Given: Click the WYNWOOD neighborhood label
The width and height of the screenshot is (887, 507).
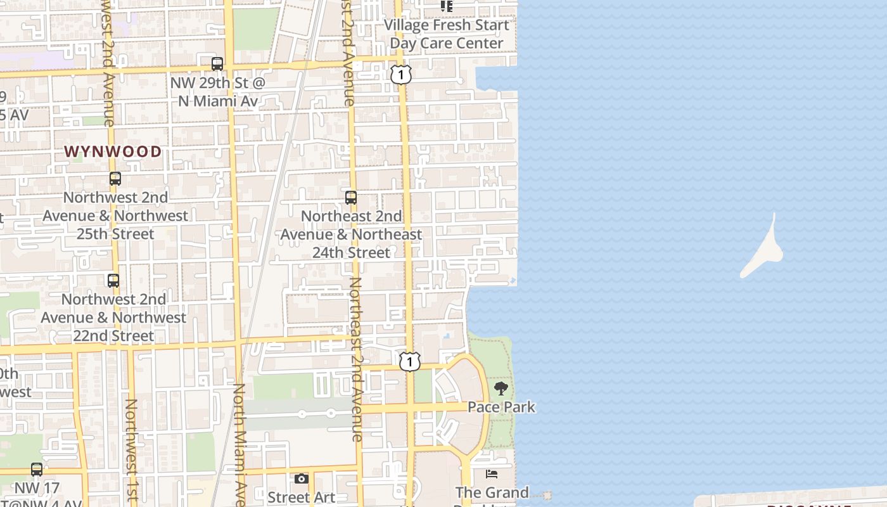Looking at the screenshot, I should [x=113, y=151].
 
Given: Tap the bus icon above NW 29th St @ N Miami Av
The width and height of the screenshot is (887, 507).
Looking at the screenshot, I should [x=217, y=64].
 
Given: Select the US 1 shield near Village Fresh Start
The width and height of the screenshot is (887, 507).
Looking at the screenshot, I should [x=401, y=74].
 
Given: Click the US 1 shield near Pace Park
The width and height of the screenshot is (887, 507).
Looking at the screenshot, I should [x=410, y=361].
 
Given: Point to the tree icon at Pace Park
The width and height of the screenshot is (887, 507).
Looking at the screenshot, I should [x=501, y=388].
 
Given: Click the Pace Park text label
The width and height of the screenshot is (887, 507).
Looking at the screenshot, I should [x=501, y=407].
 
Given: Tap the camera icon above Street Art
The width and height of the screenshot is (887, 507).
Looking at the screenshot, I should [x=302, y=478].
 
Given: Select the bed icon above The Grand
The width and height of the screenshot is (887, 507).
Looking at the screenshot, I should [x=492, y=474].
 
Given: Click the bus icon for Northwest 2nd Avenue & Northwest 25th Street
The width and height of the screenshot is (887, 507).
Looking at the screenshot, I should [x=115, y=179].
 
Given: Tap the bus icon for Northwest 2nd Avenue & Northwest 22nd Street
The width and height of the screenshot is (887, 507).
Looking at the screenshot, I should [x=113, y=280].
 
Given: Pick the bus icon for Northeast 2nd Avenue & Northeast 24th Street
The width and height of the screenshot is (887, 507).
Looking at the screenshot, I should [x=351, y=197].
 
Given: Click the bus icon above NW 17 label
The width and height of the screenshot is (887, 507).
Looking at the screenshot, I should [x=37, y=470].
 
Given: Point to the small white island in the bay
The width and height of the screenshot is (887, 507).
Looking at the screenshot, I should [x=763, y=250].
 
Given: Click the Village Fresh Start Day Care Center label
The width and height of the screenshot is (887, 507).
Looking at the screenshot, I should [x=447, y=34].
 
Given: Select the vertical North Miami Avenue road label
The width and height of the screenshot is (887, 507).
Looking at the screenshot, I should [x=239, y=444].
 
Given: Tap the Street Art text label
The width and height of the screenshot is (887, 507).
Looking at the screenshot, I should [x=301, y=497].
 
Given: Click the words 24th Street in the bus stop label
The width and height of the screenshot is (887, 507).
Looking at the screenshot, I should [x=351, y=252].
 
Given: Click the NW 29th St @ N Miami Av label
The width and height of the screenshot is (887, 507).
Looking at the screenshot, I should [x=217, y=92].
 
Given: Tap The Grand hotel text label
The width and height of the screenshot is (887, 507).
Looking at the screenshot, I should [x=492, y=492].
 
